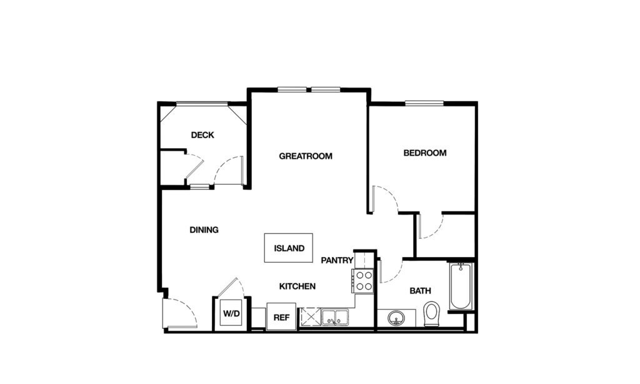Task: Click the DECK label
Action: click(x=202, y=134)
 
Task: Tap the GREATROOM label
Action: click(x=306, y=156)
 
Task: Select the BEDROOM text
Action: click(x=425, y=153)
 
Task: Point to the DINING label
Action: click(x=204, y=230)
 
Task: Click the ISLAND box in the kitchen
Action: click(x=289, y=248)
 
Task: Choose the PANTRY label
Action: click(x=337, y=260)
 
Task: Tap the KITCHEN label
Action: click(x=297, y=286)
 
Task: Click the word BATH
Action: click(x=420, y=291)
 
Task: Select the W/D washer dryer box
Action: click(x=231, y=313)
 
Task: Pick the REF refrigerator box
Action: click(x=281, y=316)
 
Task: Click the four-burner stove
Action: click(x=363, y=281)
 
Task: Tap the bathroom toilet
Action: click(x=432, y=313)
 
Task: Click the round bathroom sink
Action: click(x=396, y=318)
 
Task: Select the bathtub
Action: click(x=461, y=286)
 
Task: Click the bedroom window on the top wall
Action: click(x=424, y=103)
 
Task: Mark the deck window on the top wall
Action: click(x=201, y=104)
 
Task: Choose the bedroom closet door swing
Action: click(x=431, y=226)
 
